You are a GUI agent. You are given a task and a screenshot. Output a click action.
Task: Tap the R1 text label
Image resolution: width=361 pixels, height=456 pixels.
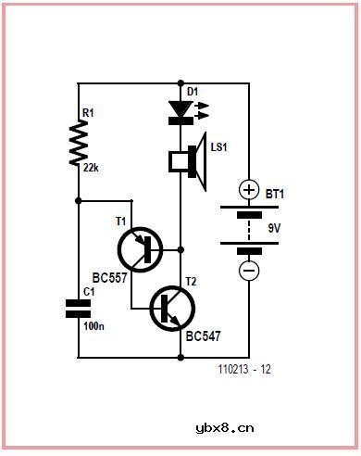click(x=90, y=113)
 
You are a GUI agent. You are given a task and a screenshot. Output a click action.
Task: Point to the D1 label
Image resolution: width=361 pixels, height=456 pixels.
click(x=193, y=91)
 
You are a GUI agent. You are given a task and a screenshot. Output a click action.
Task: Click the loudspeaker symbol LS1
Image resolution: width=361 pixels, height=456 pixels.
click(x=188, y=161)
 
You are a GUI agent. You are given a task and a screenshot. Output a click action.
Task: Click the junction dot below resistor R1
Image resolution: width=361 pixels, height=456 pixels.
click(x=79, y=200)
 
